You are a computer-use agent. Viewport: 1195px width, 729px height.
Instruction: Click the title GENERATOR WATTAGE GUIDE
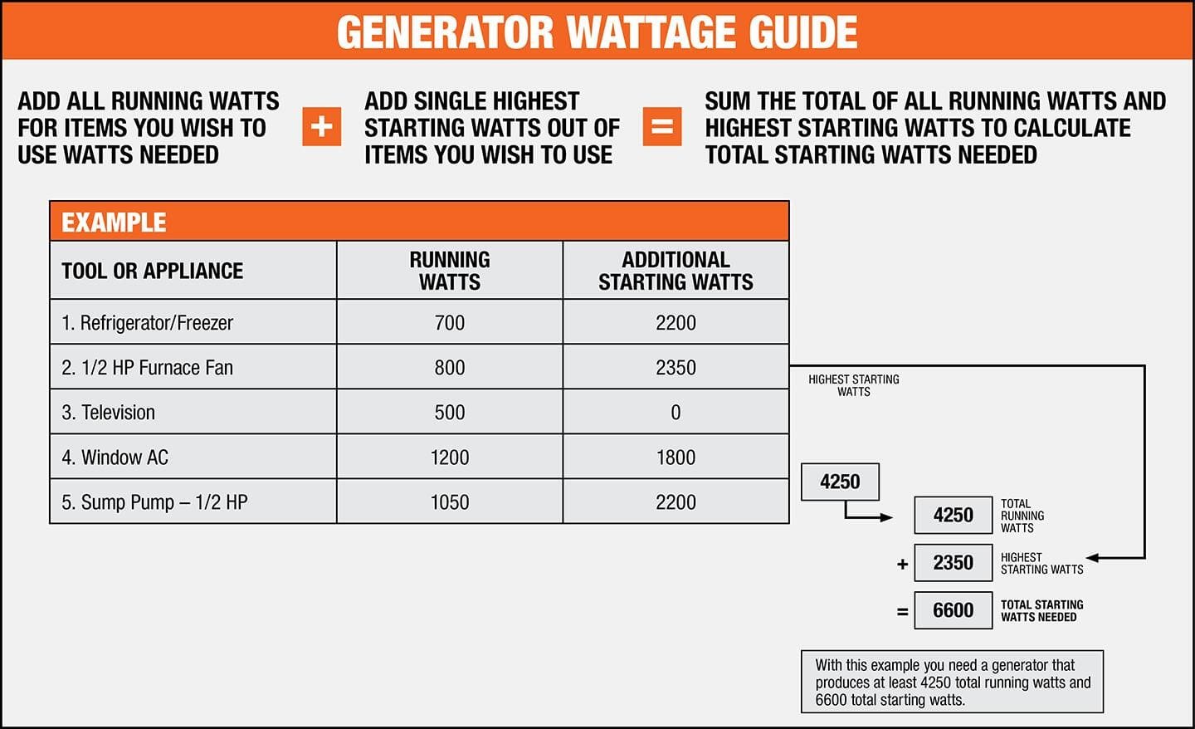point(597,32)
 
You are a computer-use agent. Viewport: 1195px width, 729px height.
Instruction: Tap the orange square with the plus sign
point(322,126)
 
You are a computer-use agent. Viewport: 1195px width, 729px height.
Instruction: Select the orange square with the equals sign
point(662,126)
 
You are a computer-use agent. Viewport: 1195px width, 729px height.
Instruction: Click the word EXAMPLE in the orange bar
point(114,223)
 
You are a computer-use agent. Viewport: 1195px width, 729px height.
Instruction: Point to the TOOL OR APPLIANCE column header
point(153,271)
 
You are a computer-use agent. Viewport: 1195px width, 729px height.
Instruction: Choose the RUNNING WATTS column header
point(450,271)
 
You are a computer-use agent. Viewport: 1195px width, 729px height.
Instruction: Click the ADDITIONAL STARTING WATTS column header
point(676,271)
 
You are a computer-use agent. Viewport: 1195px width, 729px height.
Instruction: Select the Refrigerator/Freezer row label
point(148,323)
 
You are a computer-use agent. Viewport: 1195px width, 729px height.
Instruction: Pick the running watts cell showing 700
point(450,323)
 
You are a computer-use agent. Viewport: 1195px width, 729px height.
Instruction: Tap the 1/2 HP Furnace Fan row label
point(148,368)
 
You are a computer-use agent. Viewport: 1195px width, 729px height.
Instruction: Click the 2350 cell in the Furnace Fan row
point(676,368)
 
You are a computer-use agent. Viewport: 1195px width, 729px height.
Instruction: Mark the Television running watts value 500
point(450,413)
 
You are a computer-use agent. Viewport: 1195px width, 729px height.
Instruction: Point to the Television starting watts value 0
point(676,413)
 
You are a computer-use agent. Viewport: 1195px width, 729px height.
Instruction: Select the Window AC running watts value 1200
point(450,457)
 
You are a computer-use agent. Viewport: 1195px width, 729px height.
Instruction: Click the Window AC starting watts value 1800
point(676,457)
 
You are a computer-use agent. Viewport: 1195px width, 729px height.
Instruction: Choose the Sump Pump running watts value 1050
point(450,502)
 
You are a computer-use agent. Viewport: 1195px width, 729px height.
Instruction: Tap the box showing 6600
point(954,610)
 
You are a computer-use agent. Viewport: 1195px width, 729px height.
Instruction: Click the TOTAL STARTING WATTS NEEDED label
point(1041,611)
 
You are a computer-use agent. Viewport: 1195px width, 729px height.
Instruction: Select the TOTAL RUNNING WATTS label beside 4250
point(1022,516)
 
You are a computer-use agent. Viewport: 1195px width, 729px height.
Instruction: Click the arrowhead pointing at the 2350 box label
point(1093,558)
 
